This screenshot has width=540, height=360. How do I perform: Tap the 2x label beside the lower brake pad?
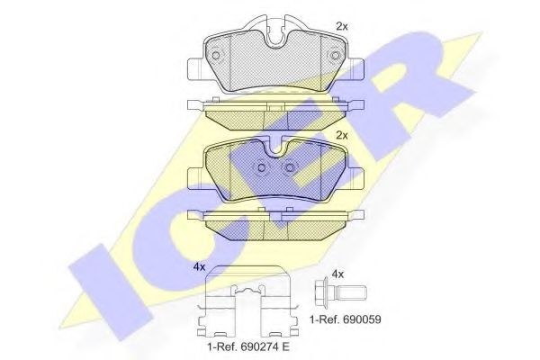click(x=341, y=136)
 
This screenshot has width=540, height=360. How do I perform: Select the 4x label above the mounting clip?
click(x=199, y=267)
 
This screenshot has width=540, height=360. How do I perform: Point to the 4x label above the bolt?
click(x=337, y=273)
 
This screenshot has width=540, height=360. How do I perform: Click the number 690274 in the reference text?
click(x=258, y=346)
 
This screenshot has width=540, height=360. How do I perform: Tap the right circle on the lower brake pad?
click(x=290, y=168)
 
